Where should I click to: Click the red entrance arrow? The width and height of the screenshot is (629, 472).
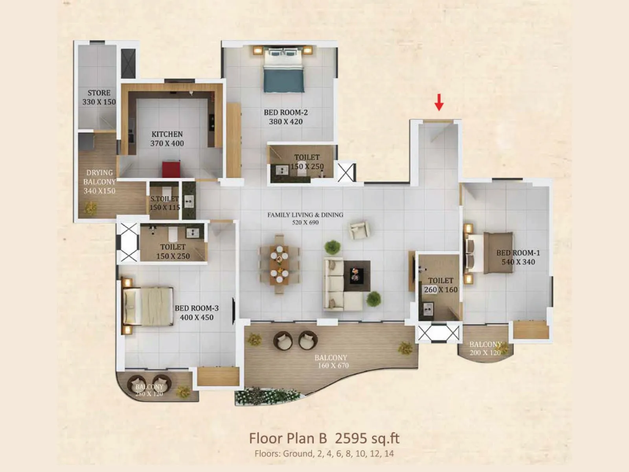439,102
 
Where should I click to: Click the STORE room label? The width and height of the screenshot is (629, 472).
99,93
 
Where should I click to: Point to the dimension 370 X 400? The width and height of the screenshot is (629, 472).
167,144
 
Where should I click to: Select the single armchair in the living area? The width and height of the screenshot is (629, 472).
359,230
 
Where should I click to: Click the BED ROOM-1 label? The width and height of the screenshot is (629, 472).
518,253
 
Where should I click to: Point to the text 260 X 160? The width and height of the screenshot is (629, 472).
441,290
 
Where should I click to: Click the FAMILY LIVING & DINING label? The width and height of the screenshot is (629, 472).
305,215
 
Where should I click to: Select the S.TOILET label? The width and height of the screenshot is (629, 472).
164,199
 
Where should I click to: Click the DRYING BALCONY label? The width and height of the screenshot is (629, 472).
99,177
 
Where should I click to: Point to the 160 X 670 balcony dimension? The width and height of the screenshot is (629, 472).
333,366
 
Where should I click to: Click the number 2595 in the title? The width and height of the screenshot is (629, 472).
351,438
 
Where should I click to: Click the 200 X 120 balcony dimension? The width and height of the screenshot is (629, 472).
485,353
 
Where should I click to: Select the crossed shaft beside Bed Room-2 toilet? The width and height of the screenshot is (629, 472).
346,173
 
